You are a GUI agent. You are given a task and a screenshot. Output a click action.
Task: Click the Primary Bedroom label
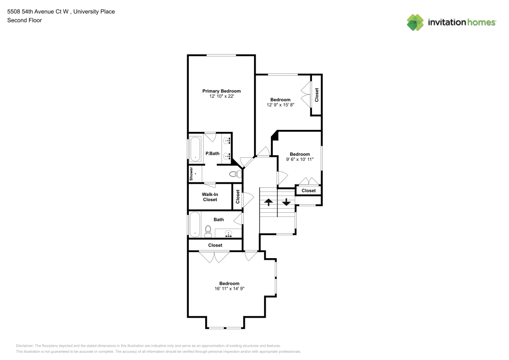pyautogui.click(x=221, y=91)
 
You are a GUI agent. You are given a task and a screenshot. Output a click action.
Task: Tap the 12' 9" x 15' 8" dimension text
pyautogui.click(x=280, y=105)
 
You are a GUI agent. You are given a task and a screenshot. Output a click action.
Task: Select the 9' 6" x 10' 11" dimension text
pyautogui.click(x=300, y=159)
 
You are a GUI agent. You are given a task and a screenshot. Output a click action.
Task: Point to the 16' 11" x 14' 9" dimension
pyautogui.click(x=229, y=289)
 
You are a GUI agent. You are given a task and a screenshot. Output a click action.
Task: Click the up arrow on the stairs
pyautogui.click(x=268, y=203)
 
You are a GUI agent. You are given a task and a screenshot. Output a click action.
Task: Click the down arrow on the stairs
pyautogui.click(x=286, y=202)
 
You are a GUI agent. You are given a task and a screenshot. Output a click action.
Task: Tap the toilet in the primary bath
pyautogui.click(x=235, y=174)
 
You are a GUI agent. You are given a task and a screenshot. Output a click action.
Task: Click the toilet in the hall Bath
pyautogui.click(x=208, y=231)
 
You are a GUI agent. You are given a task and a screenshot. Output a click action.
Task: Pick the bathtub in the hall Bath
pyautogui.click(x=195, y=225)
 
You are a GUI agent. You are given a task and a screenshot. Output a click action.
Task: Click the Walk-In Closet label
pyautogui.click(x=210, y=197)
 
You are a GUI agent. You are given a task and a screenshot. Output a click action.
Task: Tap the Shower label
pyautogui.click(x=191, y=174)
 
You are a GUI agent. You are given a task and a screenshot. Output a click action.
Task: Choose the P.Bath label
pyautogui.click(x=212, y=154)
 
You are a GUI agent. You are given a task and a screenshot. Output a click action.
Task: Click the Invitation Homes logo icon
pyautogui.click(x=415, y=22)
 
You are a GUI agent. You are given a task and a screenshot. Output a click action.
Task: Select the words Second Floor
pyautogui.click(x=24, y=20)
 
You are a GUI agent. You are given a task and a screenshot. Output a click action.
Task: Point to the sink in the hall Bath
pyautogui.click(x=229, y=233)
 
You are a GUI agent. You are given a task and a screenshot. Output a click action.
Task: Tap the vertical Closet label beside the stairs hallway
pyautogui.click(x=238, y=197)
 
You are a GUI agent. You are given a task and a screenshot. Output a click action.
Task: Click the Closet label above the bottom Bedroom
pyautogui.click(x=215, y=245)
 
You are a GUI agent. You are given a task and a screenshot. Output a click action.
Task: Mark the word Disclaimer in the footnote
pyautogui.click(x=24, y=346)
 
